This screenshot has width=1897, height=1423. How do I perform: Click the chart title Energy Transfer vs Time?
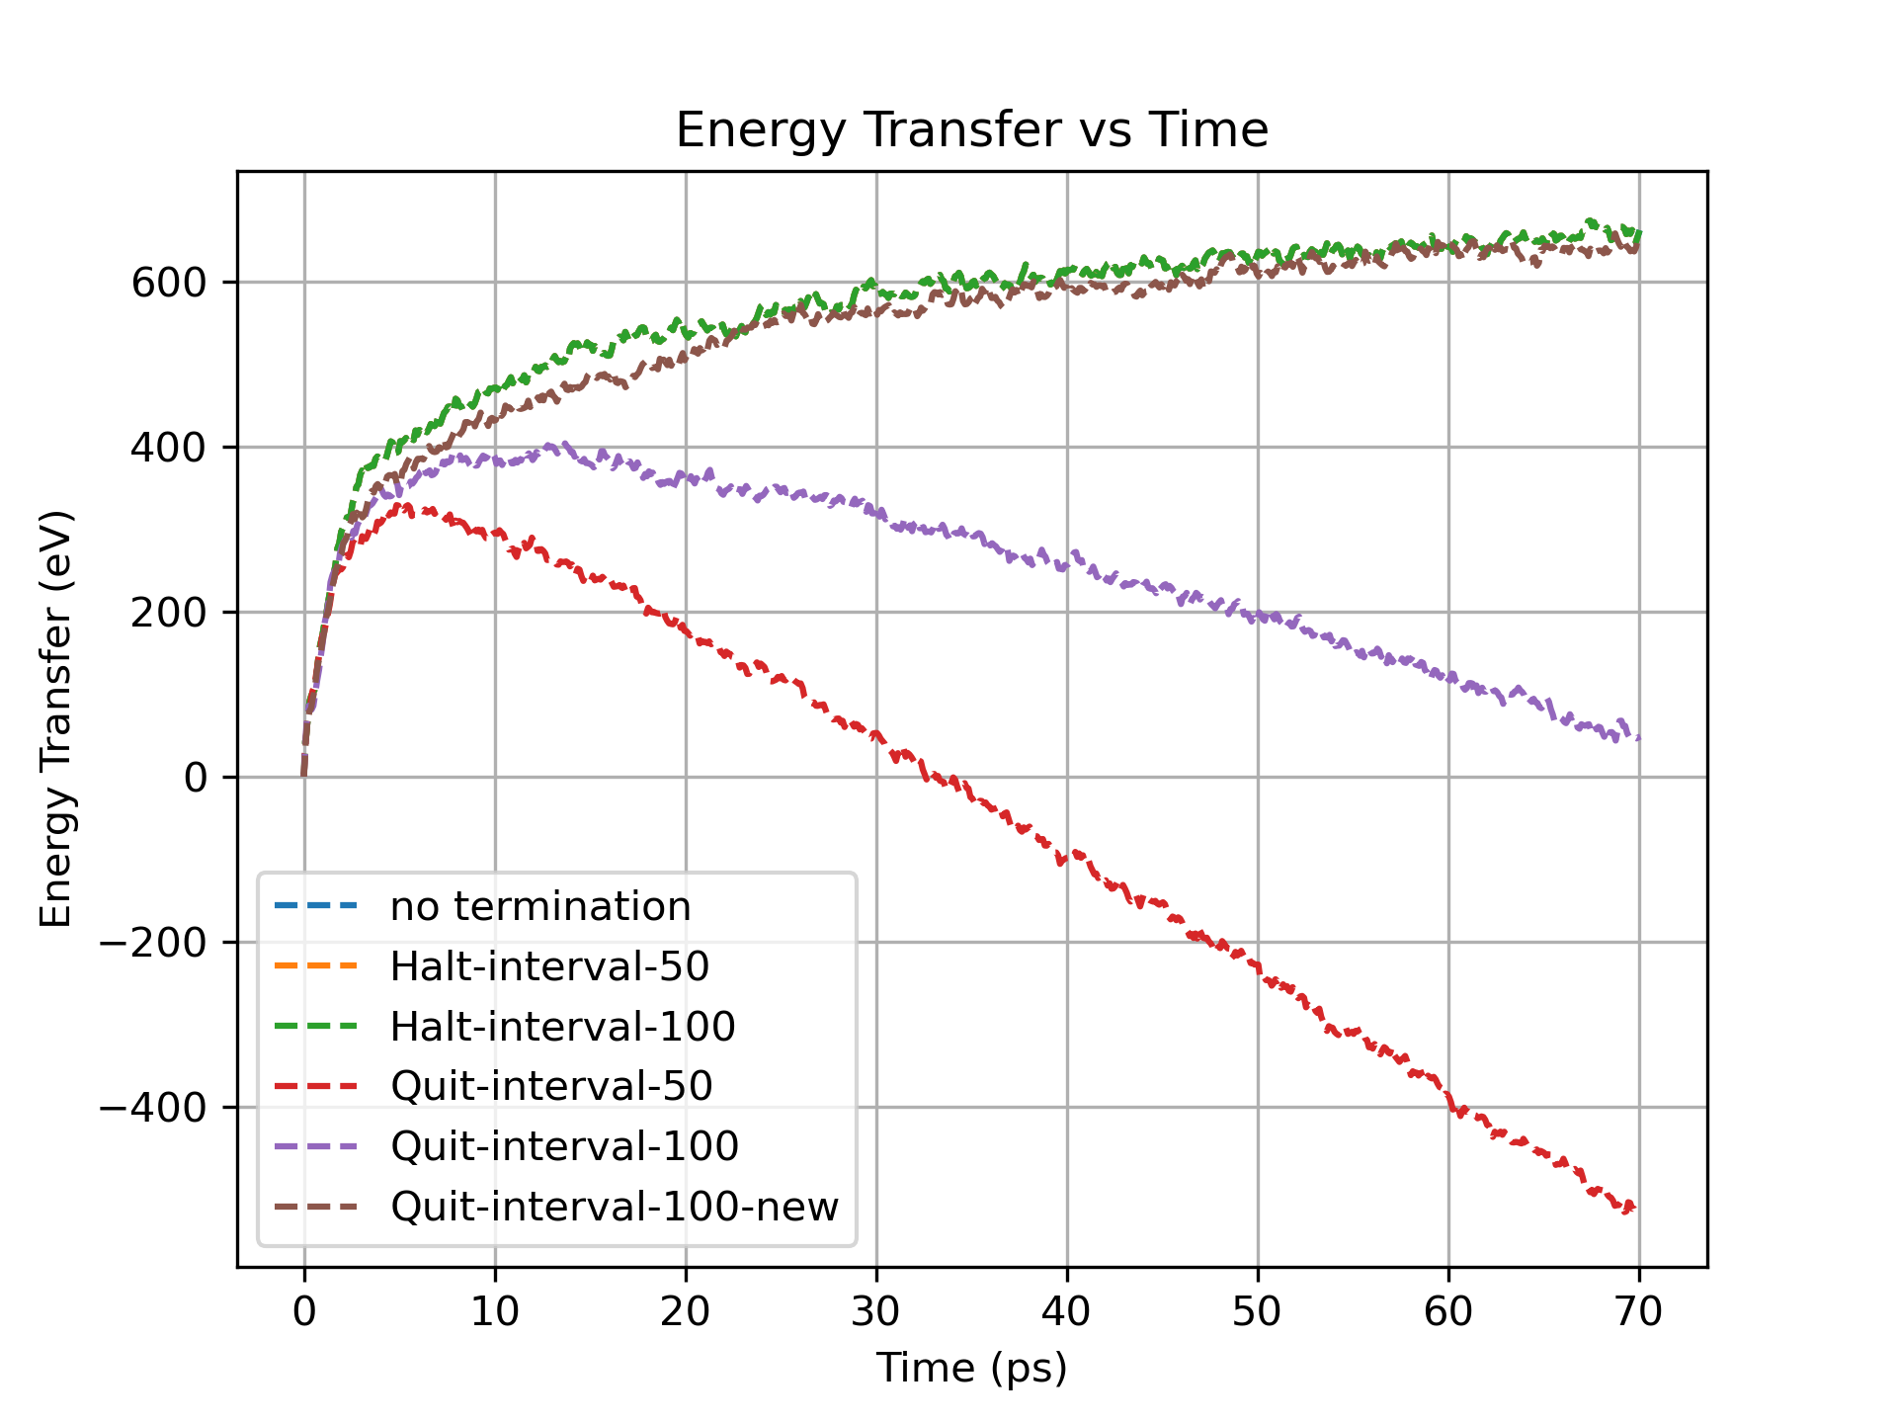[971, 130]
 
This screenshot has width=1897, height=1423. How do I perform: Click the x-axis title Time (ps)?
[971, 1368]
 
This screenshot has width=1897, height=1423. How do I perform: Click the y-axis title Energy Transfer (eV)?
[56, 718]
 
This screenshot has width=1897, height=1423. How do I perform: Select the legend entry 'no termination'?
[539, 906]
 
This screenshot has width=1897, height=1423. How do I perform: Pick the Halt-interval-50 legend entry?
[549, 966]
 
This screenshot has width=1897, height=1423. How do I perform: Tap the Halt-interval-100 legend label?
[562, 1027]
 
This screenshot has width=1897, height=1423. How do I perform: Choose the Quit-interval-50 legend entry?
[551, 1086]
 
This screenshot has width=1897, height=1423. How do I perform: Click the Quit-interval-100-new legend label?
[614, 1207]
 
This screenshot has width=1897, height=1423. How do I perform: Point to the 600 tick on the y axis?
[169, 283]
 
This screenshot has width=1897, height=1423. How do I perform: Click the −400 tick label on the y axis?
[153, 1108]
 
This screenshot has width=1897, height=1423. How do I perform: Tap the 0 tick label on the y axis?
[196, 778]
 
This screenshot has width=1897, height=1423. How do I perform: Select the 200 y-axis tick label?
[169, 613]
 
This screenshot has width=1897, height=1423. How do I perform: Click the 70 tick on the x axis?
[1639, 1311]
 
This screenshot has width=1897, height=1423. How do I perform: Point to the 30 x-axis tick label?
[876, 1311]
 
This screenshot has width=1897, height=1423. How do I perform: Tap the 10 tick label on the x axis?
[495, 1311]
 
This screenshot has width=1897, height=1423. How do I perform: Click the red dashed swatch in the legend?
[315, 1086]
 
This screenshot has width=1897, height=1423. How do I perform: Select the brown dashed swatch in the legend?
[315, 1207]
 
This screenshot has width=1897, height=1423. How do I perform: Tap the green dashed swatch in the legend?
[315, 1027]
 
